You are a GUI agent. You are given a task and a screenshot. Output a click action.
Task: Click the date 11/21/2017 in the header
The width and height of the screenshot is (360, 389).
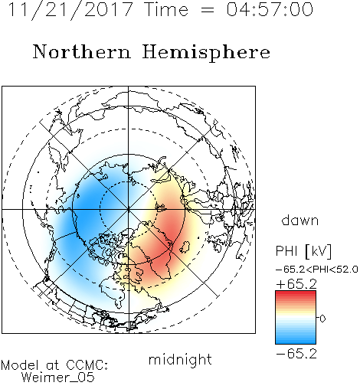70,10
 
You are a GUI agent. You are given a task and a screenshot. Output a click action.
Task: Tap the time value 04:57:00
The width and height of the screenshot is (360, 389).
270,9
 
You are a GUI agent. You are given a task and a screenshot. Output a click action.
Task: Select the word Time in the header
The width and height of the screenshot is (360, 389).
166,9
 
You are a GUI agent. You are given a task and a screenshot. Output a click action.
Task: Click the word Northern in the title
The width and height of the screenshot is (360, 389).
82,51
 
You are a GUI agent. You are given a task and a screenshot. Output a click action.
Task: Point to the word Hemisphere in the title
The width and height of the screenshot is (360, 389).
206,53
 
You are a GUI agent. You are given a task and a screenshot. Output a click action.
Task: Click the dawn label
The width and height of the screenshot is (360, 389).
300,220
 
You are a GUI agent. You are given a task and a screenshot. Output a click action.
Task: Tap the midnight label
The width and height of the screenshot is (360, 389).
180,359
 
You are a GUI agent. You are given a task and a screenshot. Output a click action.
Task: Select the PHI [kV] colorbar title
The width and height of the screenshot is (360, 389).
303,251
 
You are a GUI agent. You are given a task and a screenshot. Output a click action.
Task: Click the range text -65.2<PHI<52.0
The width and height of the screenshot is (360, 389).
317,270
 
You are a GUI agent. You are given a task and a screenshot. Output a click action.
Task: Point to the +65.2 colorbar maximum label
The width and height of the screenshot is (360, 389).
296,284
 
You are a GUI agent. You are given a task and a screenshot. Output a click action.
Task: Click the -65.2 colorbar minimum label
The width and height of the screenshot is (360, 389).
296,354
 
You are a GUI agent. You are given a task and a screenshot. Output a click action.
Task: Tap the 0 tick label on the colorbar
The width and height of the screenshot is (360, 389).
322,319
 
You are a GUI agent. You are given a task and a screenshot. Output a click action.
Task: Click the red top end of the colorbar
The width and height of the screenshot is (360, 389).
296,293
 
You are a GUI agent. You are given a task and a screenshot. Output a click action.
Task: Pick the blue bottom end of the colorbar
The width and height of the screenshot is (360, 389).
296,342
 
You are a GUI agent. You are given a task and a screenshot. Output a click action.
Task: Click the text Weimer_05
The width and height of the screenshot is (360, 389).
58,378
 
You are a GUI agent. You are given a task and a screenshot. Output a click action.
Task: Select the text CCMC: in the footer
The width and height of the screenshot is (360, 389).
87,365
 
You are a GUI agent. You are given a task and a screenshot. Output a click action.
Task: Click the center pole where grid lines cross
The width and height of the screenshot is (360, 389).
129,209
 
